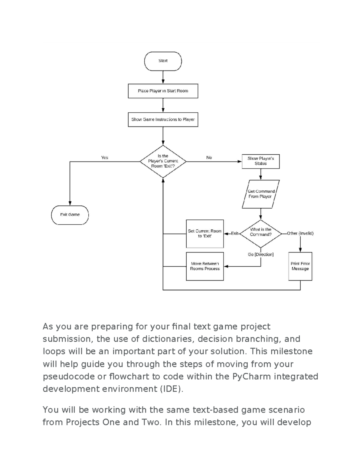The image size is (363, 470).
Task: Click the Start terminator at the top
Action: click(163, 61)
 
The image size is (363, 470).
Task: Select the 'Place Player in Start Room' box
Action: click(163, 91)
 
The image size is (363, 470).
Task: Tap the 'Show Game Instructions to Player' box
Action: click(163, 120)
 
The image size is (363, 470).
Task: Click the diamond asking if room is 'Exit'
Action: click(163, 161)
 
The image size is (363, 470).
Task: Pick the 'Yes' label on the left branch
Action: click(104, 157)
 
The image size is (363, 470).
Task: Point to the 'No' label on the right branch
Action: click(209, 157)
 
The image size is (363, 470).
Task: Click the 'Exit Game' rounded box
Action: click(70, 215)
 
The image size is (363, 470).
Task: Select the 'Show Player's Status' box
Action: click(260, 161)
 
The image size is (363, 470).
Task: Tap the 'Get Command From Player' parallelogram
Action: click(260, 194)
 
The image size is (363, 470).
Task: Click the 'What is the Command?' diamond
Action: click(260, 233)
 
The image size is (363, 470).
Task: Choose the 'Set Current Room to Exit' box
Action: click(205, 234)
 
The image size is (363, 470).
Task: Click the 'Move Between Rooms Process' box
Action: click(205, 266)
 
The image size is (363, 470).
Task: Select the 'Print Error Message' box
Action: click(300, 266)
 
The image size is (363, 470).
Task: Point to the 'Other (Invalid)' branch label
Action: click(300, 233)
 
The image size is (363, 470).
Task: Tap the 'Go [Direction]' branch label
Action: click(260, 255)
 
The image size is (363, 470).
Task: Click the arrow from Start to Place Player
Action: click(163, 77)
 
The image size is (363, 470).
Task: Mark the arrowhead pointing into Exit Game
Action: click(70, 203)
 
